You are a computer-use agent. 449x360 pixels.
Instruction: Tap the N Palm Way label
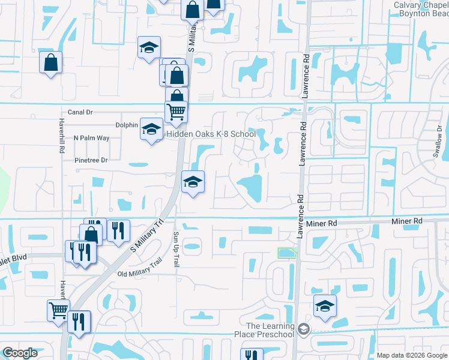pos(91,138)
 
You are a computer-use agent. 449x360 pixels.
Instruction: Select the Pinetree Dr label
pos(91,160)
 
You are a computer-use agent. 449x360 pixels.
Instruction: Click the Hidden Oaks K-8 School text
pos(211,134)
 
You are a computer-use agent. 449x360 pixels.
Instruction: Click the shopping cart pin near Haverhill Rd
pos(58,311)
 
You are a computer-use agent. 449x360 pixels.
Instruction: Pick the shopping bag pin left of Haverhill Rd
pos(51,62)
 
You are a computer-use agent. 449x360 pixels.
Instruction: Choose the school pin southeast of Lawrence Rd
pos(325,307)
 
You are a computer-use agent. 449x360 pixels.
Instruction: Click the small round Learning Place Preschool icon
pos(304,329)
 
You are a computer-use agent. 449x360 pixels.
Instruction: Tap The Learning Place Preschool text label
pos(270,330)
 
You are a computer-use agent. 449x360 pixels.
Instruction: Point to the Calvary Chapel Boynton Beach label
pos(421,9)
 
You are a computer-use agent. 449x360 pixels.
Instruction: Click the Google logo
pos(20,353)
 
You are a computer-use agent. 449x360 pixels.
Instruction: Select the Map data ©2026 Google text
pos(411,355)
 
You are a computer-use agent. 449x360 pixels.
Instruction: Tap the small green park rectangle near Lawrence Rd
pos(287,253)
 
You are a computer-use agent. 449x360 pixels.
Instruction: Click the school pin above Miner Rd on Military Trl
pos(193,182)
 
